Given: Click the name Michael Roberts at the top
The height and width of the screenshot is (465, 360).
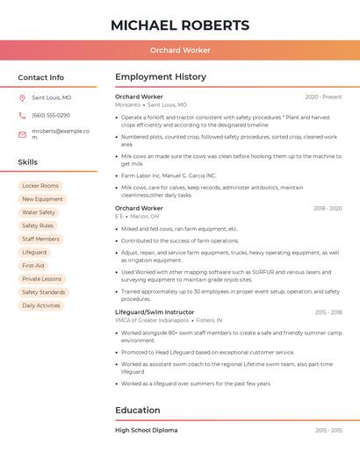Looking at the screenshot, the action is (x=180, y=25).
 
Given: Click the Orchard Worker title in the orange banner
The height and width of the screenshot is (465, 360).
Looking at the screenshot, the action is (x=180, y=50).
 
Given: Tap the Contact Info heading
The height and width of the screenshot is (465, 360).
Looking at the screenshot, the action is (x=41, y=77).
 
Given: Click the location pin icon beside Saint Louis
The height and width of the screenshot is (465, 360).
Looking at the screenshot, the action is (x=22, y=98).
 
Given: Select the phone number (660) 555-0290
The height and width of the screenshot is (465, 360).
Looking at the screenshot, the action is (x=51, y=115).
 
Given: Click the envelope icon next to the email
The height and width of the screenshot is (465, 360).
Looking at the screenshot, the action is (x=22, y=134).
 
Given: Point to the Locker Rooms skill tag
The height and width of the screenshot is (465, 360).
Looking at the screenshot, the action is (x=40, y=186).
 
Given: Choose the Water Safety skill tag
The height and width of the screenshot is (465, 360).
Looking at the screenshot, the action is (x=39, y=212).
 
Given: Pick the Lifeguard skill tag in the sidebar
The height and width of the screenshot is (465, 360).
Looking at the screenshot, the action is (x=34, y=252).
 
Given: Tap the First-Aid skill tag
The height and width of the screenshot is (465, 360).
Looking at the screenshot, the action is (x=33, y=265).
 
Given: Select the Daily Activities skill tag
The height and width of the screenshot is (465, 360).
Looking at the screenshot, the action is (x=41, y=305).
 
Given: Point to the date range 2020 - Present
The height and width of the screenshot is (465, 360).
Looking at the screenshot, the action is (x=323, y=97).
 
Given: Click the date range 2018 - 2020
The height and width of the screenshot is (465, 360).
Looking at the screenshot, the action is (x=328, y=208).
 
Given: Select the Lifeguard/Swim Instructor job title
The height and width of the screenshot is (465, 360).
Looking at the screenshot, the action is (x=155, y=311).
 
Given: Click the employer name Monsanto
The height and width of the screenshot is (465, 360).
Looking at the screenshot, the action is (x=127, y=104).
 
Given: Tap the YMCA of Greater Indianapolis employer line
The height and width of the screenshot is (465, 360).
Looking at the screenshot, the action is (x=152, y=320).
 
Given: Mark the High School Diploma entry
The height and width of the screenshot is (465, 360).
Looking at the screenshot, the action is (x=146, y=430).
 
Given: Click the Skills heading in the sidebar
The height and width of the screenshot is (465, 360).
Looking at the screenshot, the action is (x=28, y=162).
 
